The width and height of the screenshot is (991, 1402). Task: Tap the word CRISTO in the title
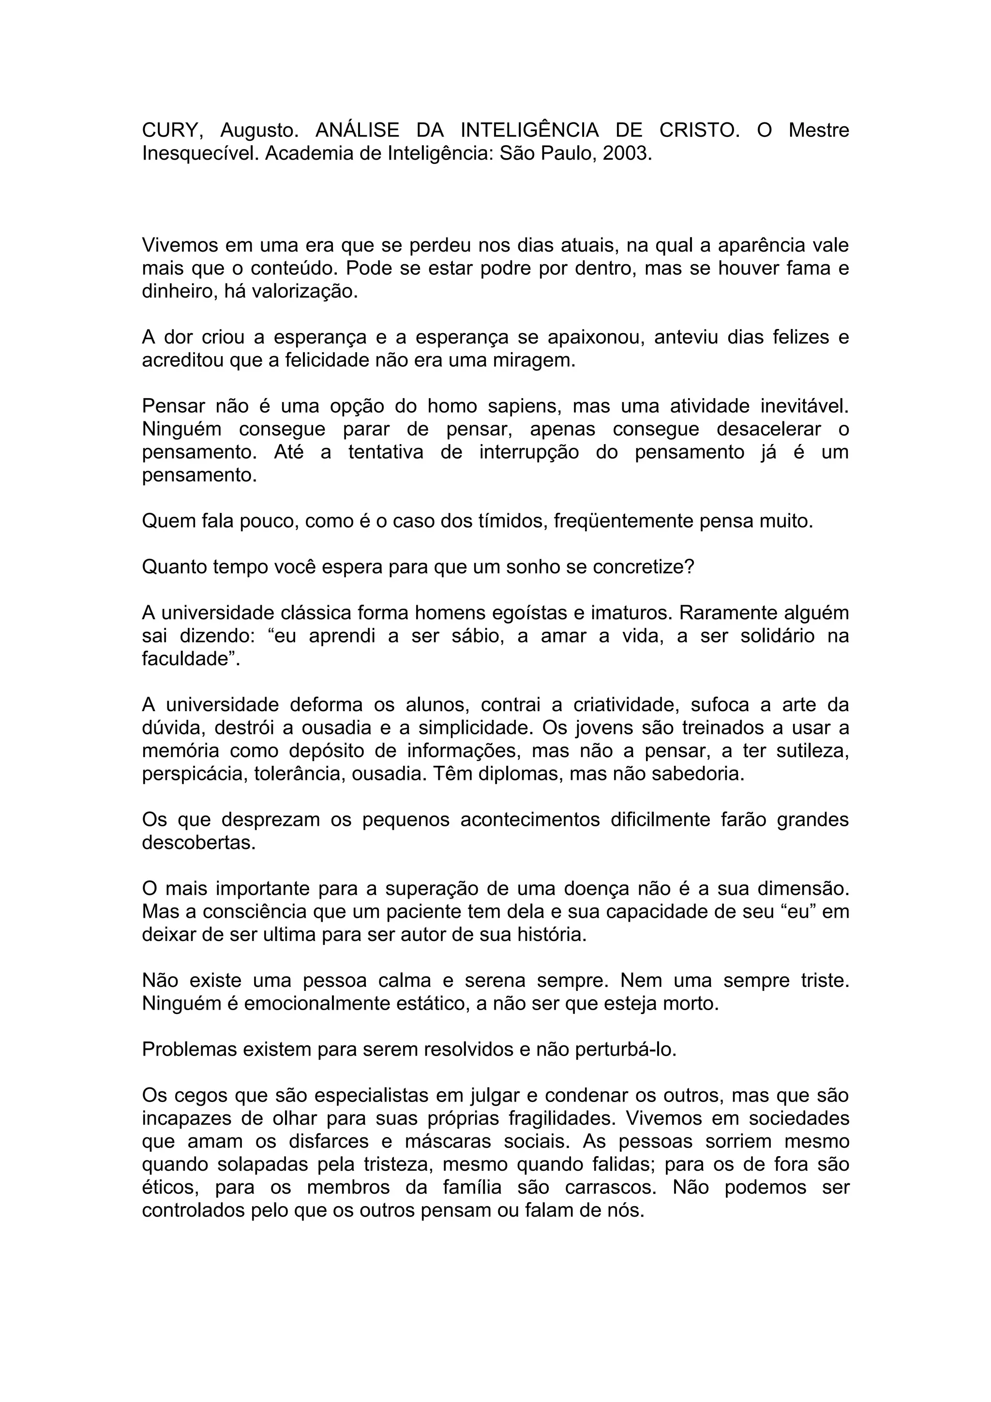click(699, 130)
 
